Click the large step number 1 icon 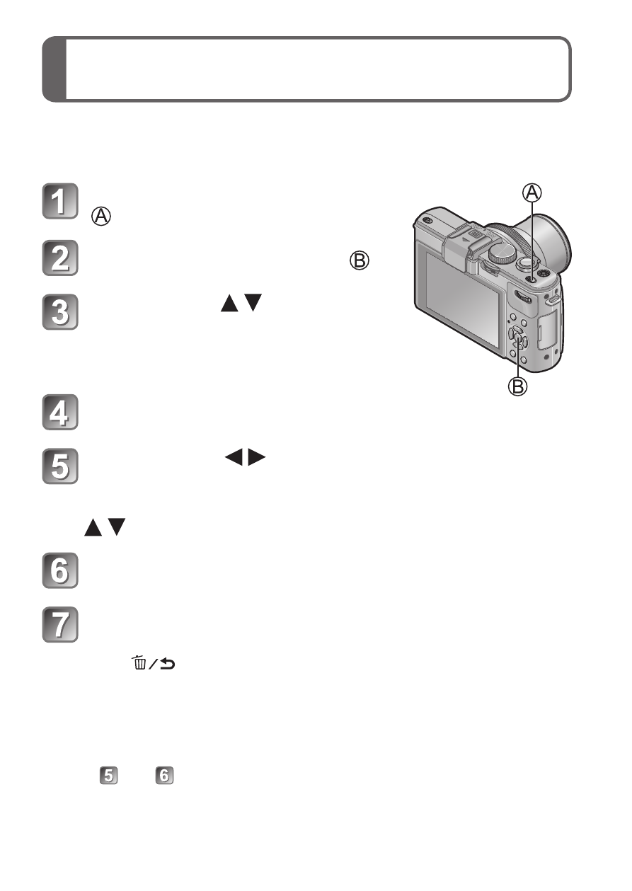60,201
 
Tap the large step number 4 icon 60,412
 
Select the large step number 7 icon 60,624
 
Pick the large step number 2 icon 60,258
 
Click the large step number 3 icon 60,312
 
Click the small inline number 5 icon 108,776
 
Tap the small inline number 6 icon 164,776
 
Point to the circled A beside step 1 101,217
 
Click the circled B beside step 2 360,261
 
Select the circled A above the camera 532,192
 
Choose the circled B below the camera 518,386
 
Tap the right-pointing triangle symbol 257,458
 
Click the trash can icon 139,662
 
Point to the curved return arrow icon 168,664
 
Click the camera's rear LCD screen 462,299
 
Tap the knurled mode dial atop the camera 502,253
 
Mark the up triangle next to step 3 229,303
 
